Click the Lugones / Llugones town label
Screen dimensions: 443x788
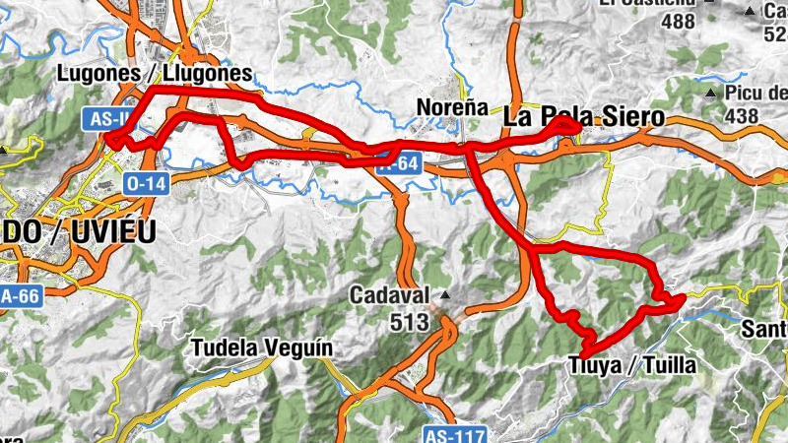[x=155, y=73]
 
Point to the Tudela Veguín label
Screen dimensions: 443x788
[x=262, y=348]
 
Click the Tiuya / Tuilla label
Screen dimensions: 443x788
[x=632, y=366]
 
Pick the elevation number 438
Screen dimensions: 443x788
[x=740, y=116]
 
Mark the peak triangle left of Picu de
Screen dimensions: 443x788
[x=711, y=94]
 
